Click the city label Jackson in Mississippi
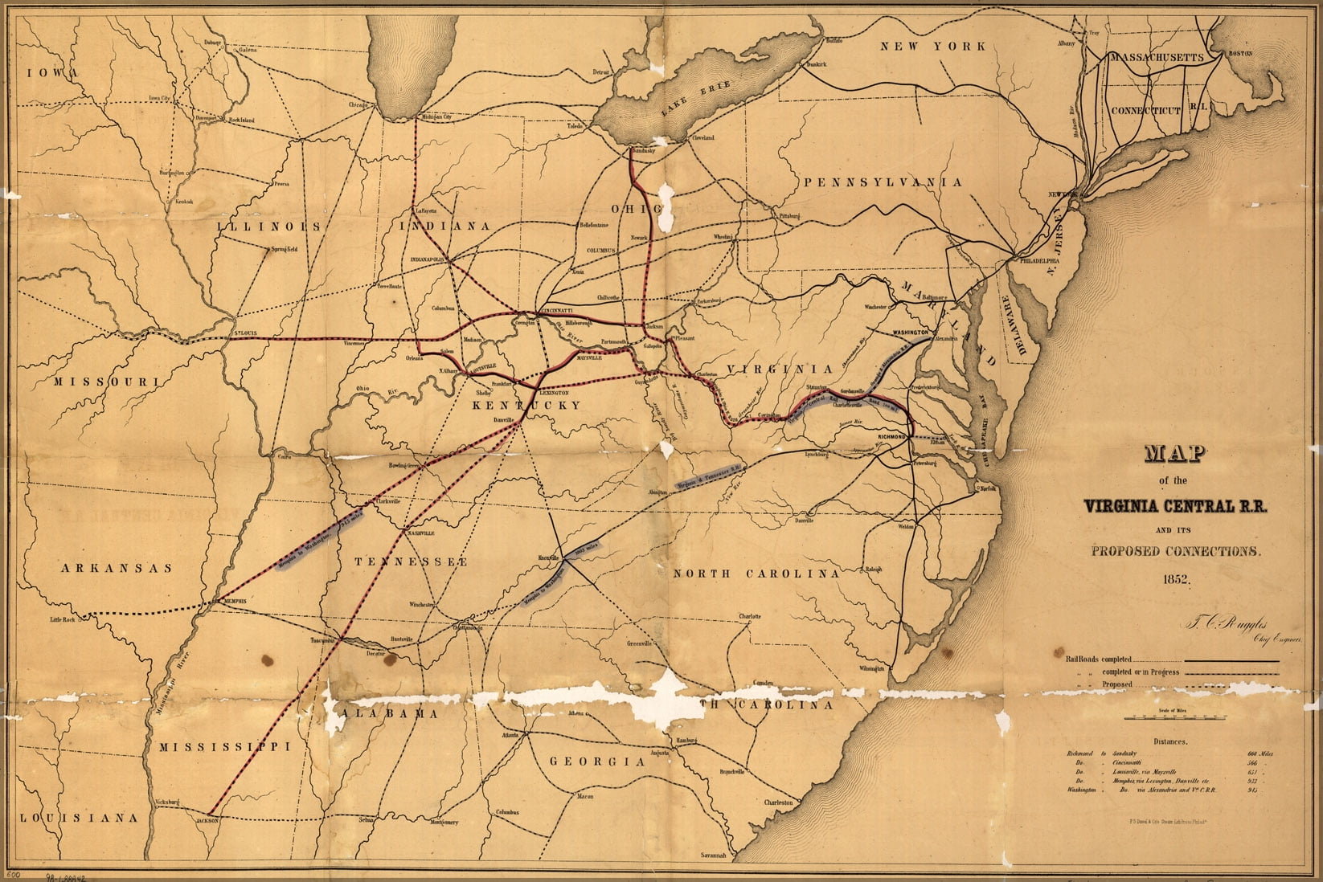pos(207,821)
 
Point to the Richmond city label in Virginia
pos(891,436)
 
